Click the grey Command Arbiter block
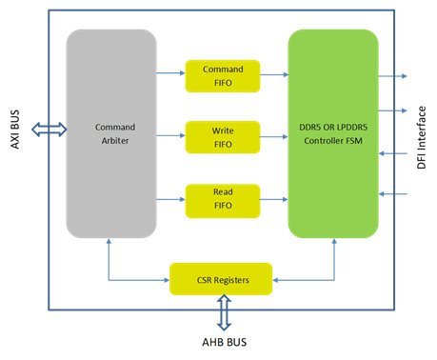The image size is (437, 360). [x=110, y=133]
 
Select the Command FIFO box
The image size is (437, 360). [x=222, y=74]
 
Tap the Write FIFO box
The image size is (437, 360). [x=222, y=135]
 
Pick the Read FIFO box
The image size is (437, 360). [x=222, y=197]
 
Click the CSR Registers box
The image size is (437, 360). [x=221, y=279]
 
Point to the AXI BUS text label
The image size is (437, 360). [x=14, y=130]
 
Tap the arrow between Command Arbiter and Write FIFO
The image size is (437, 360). [x=172, y=136]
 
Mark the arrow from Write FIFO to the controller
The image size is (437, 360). [x=274, y=136]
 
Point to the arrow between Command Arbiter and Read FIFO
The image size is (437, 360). [x=172, y=198]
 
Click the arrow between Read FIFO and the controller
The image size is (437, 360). [x=274, y=198]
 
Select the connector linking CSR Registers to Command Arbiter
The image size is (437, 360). [x=133, y=279]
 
